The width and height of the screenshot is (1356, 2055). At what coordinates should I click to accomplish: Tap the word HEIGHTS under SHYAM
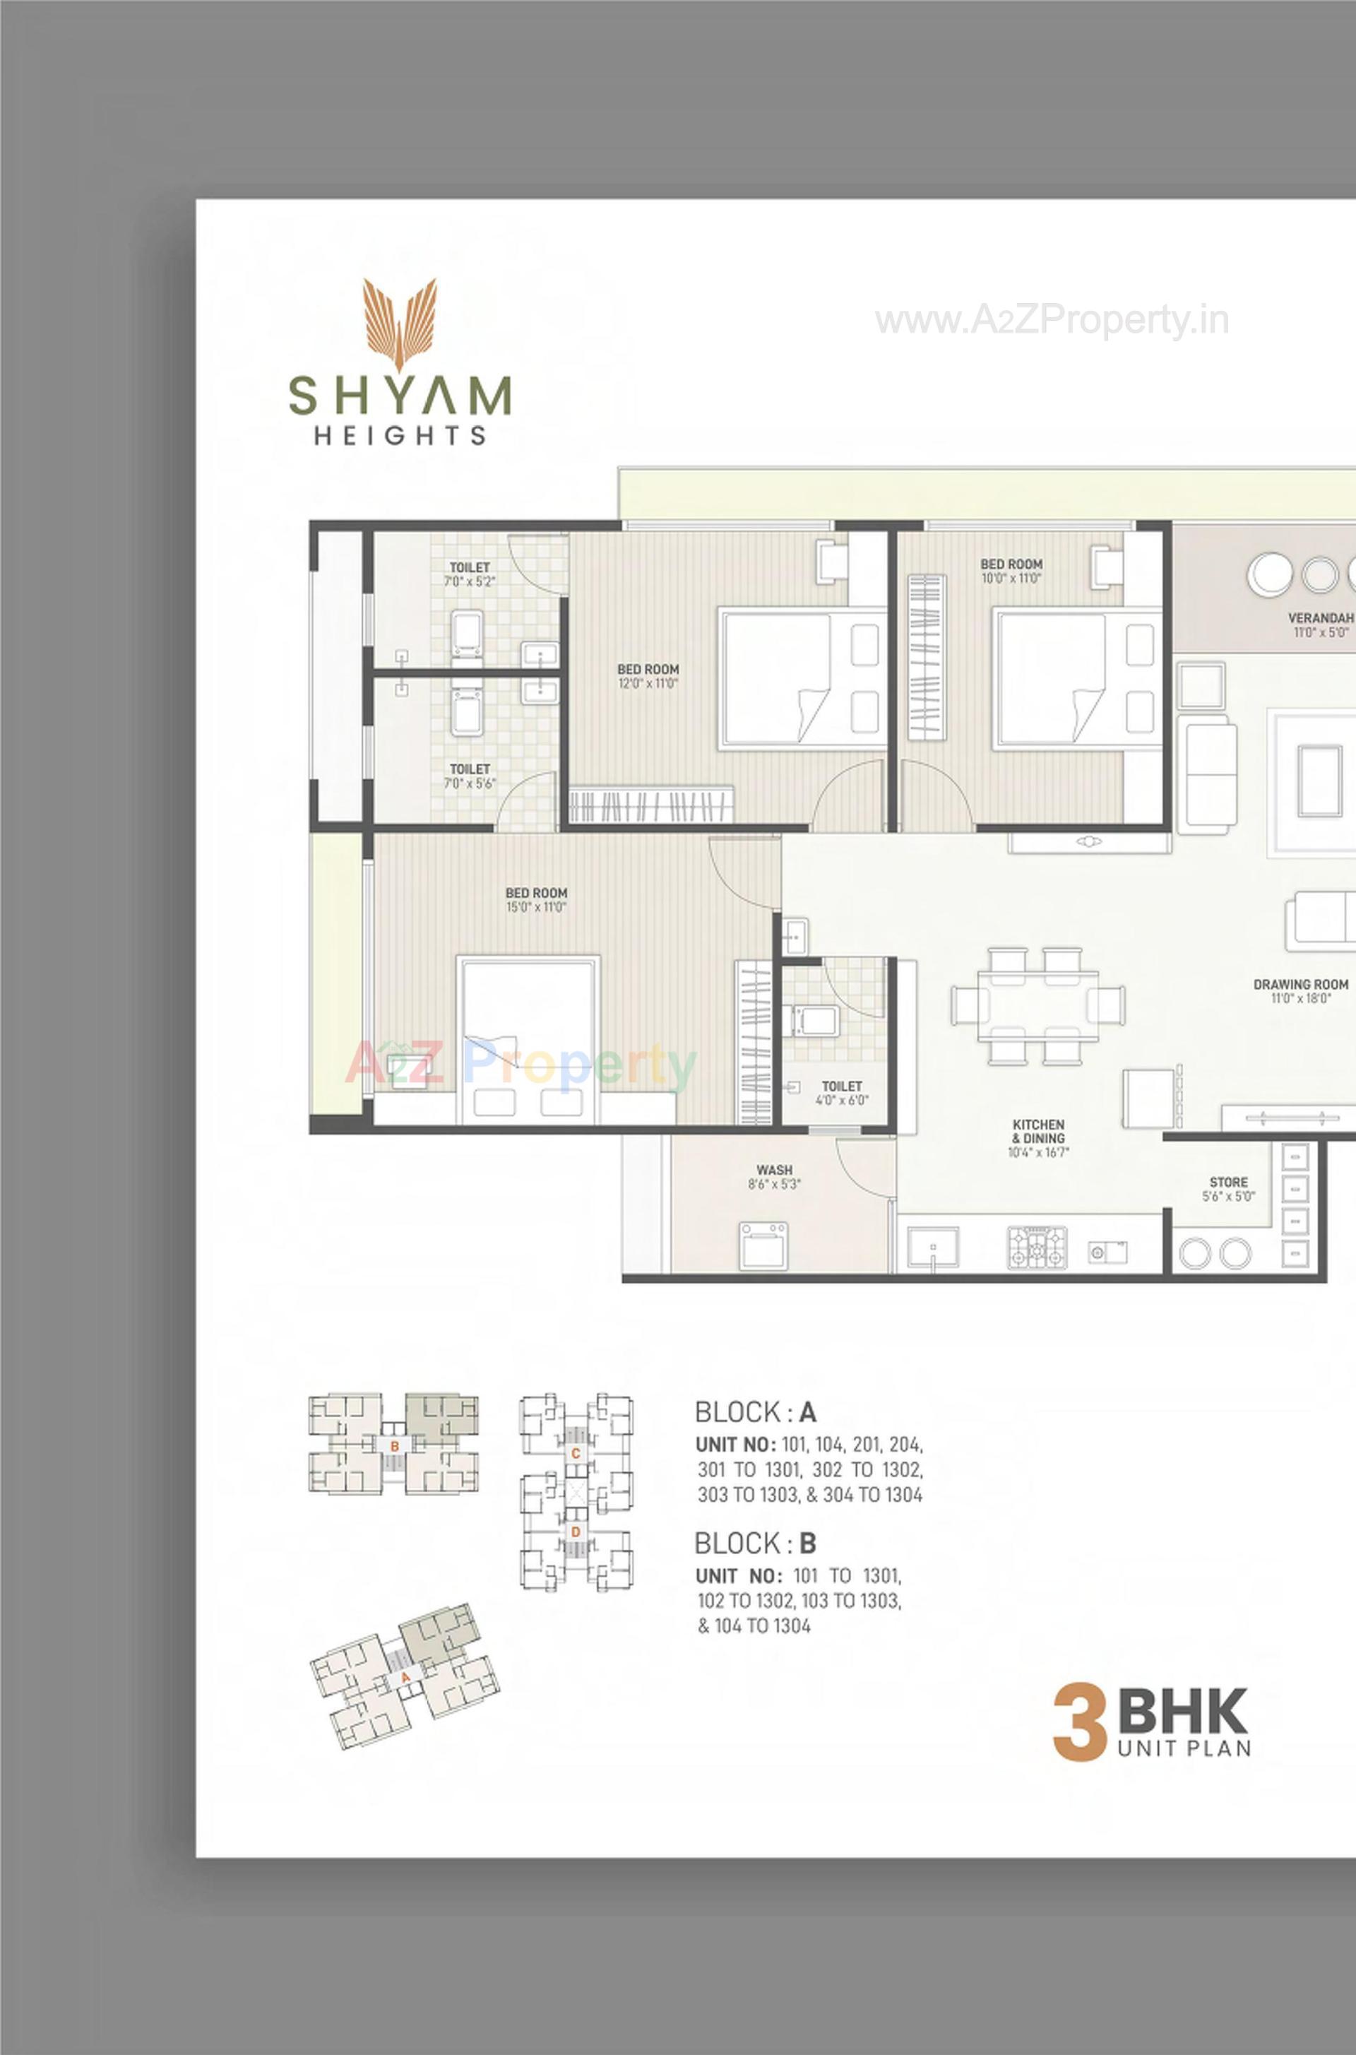(400, 435)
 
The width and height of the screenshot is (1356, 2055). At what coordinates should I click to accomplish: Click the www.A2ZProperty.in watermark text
(1051, 321)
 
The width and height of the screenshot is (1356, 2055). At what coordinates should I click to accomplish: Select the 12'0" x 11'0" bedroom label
(648, 675)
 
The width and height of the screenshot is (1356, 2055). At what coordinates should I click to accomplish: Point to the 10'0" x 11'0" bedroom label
(1011, 571)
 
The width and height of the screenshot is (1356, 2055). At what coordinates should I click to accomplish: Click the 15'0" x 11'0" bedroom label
(536, 899)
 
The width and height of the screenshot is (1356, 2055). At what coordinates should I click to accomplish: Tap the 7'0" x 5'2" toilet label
(470, 574)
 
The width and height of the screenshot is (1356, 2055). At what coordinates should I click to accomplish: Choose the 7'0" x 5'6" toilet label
(470, 776)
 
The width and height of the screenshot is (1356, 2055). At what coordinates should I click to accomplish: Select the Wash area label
(774, 1176)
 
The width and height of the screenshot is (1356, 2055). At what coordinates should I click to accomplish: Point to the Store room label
(1228, 1189)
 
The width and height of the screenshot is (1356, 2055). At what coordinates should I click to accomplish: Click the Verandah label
(1320, 624)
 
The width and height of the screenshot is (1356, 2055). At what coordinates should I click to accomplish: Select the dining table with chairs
(1037, 1006)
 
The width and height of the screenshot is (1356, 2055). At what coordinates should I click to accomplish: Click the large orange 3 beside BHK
(1080, 1723)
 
